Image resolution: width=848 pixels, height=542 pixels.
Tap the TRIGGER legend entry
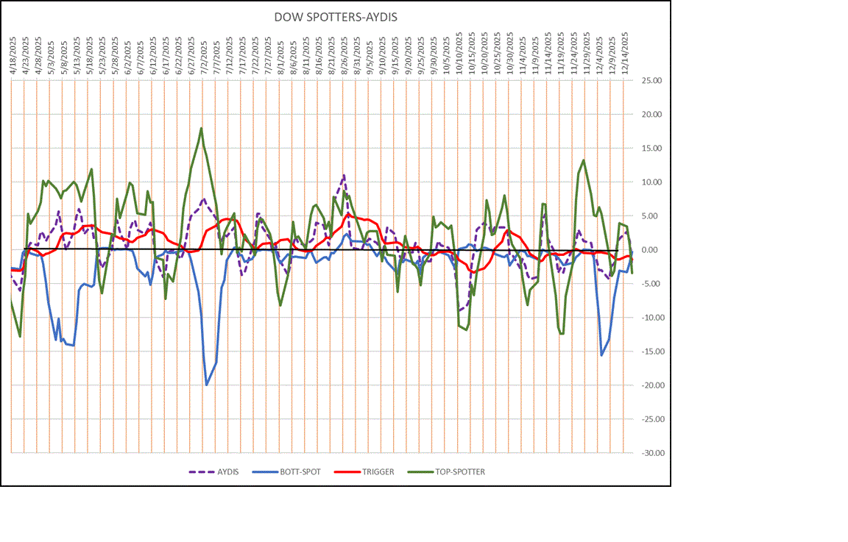tap(378, 471)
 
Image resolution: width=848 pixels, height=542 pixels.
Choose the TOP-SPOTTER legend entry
tap(458, 471)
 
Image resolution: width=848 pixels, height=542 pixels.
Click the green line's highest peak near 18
tap(201, 128)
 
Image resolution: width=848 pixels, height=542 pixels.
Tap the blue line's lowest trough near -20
tap(207, 385)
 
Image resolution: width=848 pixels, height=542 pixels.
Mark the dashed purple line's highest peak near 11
tap(344, 175)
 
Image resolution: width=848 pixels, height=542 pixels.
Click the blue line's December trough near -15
tap(601, 355)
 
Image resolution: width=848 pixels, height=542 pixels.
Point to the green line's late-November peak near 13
tap(584, 160)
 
